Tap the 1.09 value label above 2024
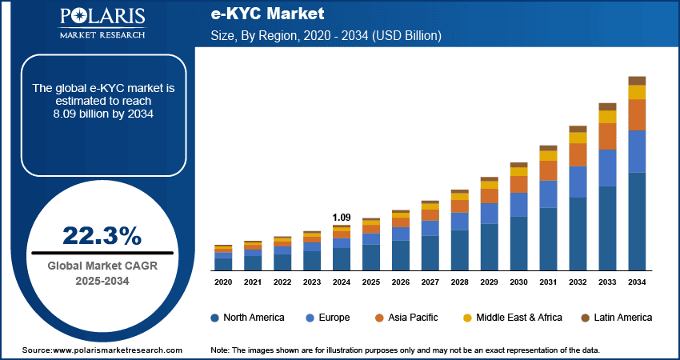tap(342, 218)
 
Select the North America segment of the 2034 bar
tap(637, 222)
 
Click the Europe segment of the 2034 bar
tap(637, 152)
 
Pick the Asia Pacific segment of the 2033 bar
tap(608, 137)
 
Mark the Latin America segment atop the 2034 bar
tap(637, 81)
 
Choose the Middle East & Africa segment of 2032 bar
tap(578, 138)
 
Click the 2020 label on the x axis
tap(223, 282)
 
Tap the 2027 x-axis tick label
tap(430, 282)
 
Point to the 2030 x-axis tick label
tap(519, 282)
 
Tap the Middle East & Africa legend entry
tap(513, 318)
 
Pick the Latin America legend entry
tap(615, 318)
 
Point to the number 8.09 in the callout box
tap(66, 114)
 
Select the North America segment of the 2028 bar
tap(460, 250)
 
